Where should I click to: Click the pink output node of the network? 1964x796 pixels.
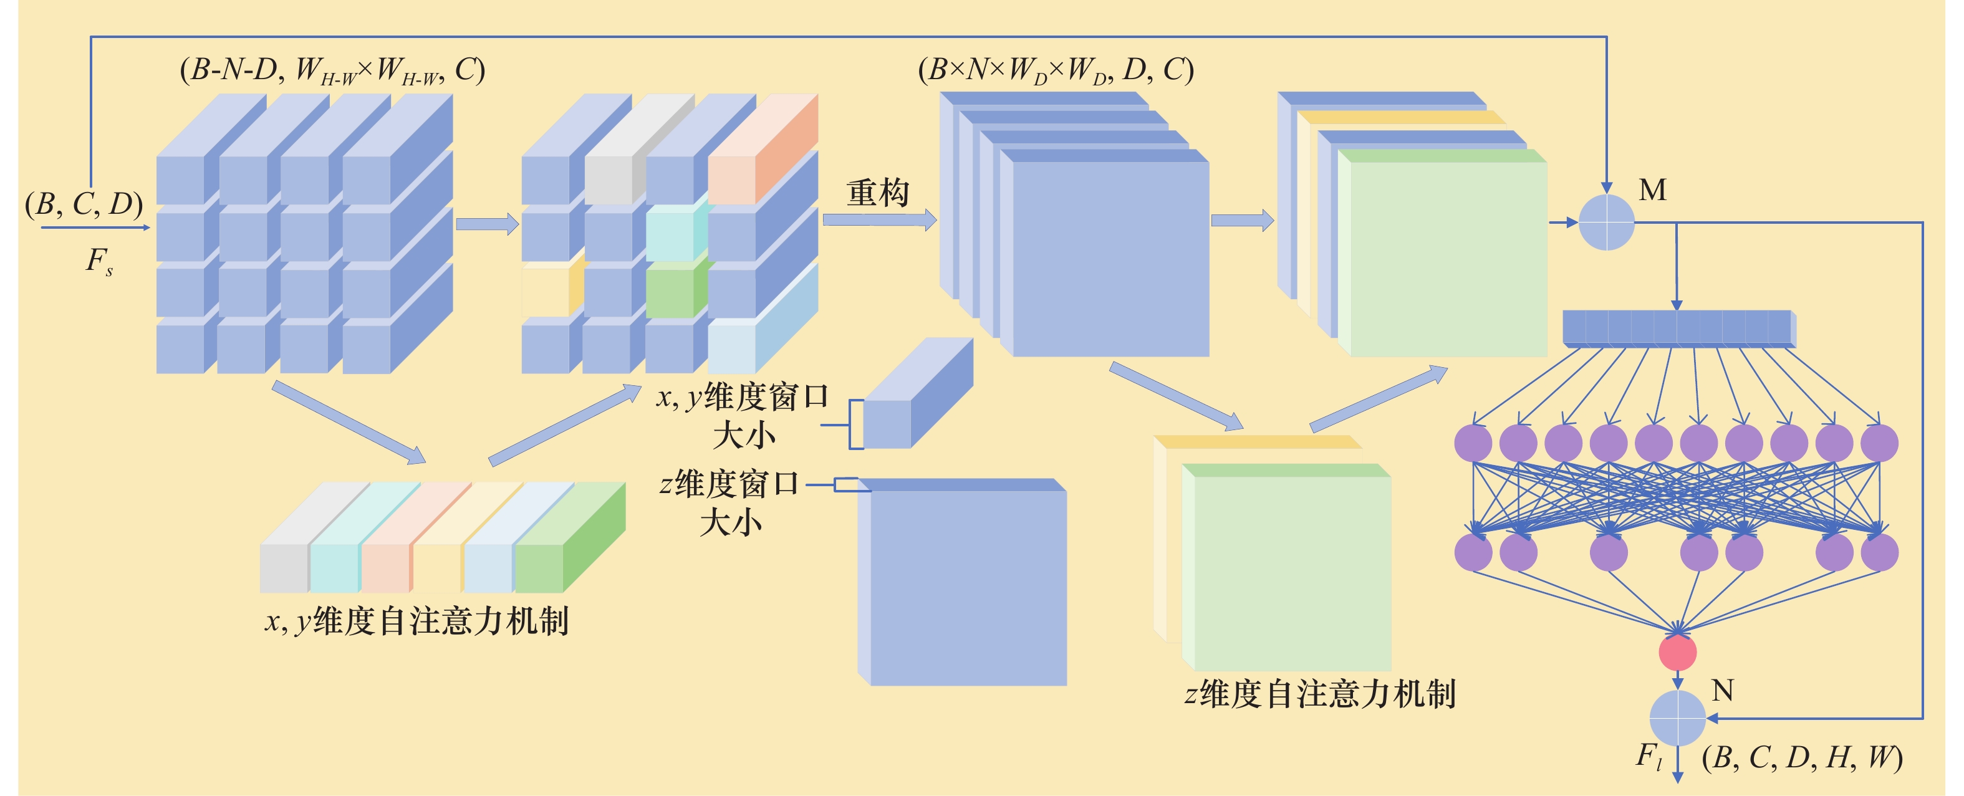[x=1677, y=653]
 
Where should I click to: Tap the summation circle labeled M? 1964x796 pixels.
[x=1606, y=222]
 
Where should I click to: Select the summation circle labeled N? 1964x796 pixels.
[x=1677, y=718]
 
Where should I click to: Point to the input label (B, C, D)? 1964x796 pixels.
[x=84, y=204]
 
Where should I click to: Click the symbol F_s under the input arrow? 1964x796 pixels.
[x=99, y=262]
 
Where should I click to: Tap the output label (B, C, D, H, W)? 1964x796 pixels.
[x=1803, y=757]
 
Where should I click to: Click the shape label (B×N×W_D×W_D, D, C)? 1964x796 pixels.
[x=1056, y=71]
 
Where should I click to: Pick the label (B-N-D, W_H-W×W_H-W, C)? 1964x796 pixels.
[x=332, y=71]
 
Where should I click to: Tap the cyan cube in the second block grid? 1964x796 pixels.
[x=670, y=236]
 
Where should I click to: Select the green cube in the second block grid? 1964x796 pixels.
[x=670, y=290]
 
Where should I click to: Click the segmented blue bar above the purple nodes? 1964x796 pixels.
[x=1677, y=328]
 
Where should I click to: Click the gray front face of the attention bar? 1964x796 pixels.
[x=284, y=568]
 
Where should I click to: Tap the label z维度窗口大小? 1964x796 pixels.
[x=729, y=502]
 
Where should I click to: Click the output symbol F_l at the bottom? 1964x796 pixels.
[x=1649, y=756]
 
